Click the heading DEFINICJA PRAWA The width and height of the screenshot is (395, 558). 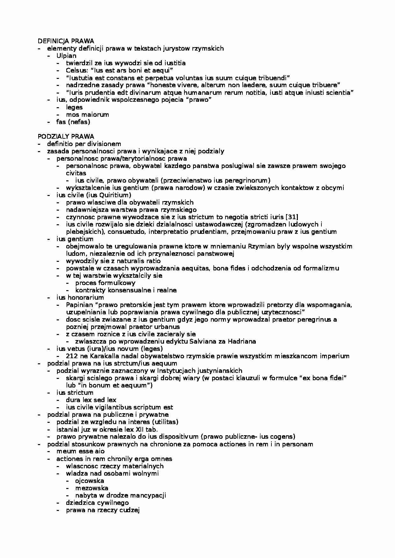coord(66,41)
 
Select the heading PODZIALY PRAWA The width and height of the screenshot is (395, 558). coord(66,136)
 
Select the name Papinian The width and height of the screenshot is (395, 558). coord(78,305)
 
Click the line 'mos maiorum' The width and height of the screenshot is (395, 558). coord(87,115)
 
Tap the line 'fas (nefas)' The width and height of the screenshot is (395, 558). coord(73,122)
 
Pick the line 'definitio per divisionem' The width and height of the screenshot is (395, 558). coord(84,144)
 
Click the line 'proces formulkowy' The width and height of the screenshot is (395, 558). coord(105,283)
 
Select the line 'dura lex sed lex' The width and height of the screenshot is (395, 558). coord(91,400)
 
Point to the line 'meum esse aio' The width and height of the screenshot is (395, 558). coord(80,451)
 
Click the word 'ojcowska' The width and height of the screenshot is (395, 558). coord(90,481)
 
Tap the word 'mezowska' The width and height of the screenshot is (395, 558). coord(91,488)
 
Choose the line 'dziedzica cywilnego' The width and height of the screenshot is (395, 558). coord(97,503)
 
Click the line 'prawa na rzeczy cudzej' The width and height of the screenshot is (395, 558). coord(103,510)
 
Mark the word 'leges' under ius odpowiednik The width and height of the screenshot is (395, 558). coord(74,107)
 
